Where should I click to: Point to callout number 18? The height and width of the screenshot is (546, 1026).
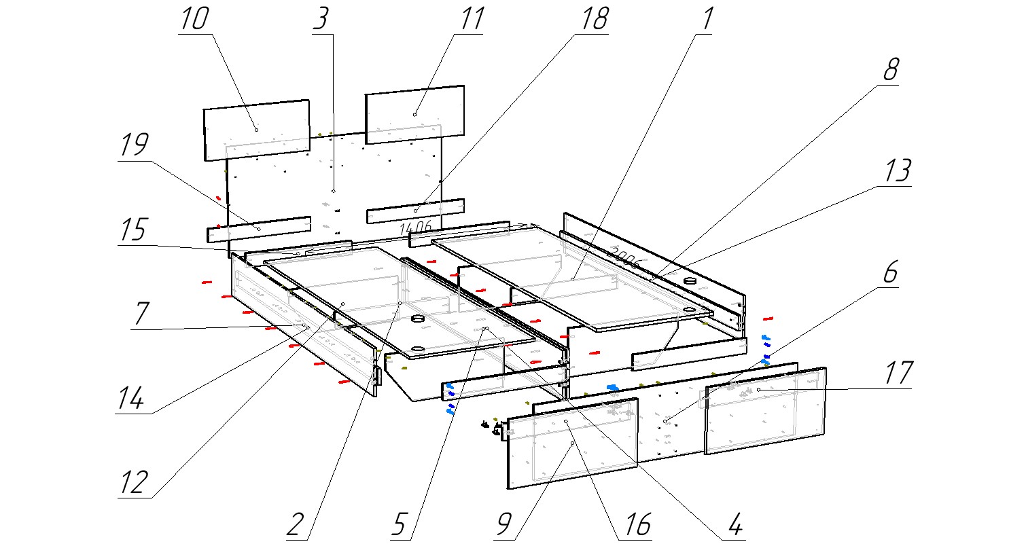coord(593,20)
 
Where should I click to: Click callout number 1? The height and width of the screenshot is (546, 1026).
coord(706,20)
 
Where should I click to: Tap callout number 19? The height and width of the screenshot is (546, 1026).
coord(134,146)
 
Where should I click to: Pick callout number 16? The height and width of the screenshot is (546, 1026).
coord(635,525)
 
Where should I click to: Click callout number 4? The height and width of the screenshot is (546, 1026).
coord(733,525)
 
